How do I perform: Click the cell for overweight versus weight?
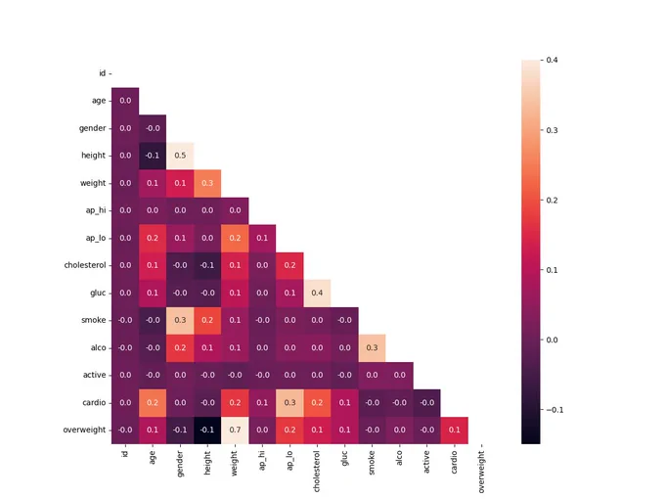(x=235, y=431)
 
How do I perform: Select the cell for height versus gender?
(x=180, y=156)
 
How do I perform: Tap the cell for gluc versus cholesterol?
(x=317, y=293)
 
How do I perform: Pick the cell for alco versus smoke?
(x=372, y=348)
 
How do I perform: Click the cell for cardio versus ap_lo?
(x=289, y=403)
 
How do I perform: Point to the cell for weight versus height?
(x=207, y=183)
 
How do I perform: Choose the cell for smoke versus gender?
(x=180, y=320)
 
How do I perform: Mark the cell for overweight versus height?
(x=207, y=431)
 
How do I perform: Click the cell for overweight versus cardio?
(x=454, y=431)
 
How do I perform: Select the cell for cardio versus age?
(x=153, y=403)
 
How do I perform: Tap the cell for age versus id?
(x=125, y=101)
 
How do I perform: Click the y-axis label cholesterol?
(x=85, y=265)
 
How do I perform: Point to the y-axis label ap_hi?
(x=96, y=210)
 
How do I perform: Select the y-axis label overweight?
(x=84, y=430)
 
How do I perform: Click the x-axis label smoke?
(x=372, y=463)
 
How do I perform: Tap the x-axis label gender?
(x=180, y=464)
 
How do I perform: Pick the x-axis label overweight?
(x=481, y=472)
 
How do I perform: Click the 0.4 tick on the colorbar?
(x=552, y=60)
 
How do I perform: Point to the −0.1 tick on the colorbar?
(x=554, y=410)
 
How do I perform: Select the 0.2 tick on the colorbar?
(x=552, y=201)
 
